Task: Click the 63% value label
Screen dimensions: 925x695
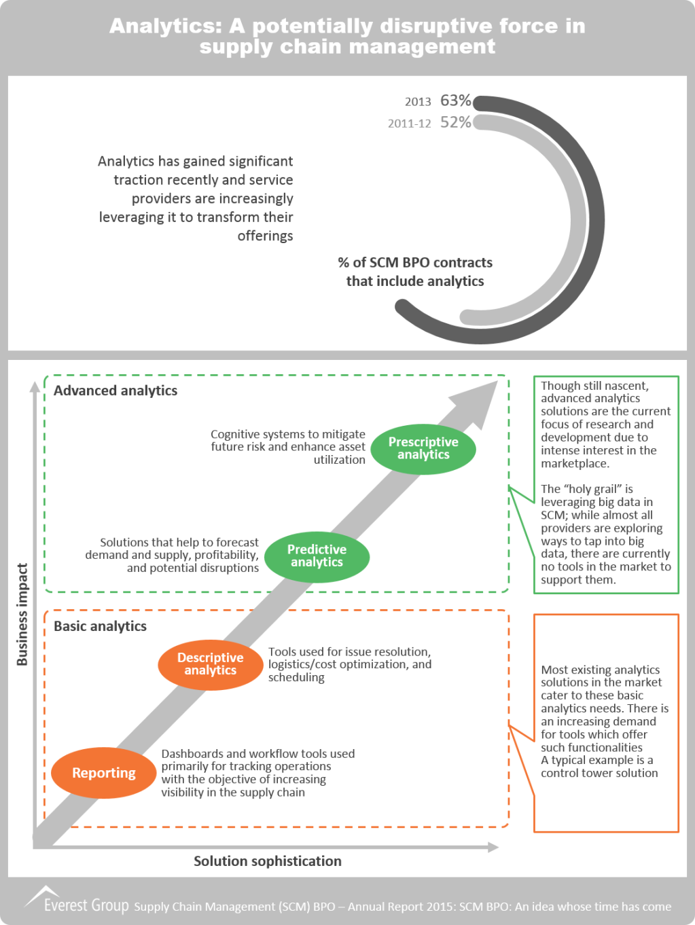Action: [455, 101]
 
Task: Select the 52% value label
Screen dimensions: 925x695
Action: [455, 122]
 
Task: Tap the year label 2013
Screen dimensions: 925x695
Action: [418, 102]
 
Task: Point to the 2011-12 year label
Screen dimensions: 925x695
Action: [409, 124]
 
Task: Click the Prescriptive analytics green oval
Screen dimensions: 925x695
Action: [423, 448]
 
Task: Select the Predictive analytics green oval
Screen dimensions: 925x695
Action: [317, 556]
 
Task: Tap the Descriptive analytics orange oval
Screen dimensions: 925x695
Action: [210, 664]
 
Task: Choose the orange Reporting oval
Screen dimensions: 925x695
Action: [103, 773]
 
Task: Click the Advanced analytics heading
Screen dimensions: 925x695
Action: [115, 391]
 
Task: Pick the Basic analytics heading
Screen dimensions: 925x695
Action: [100, 626]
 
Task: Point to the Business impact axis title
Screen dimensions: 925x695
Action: [22, 615]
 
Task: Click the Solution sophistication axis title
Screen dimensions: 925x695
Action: [268, 861]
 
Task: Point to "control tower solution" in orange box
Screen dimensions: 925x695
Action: [599, 773]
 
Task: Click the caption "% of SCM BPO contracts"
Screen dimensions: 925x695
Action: [415, 263]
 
